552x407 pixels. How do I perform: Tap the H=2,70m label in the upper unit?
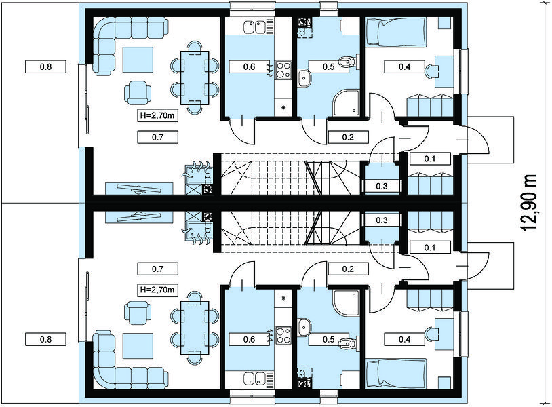click(x=157, y=115)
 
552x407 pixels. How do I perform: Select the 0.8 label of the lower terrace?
click(x=45, y=339)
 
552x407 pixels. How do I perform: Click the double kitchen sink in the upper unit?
click(x=254, y=27)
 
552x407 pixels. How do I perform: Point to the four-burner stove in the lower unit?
click(x=283, y=335)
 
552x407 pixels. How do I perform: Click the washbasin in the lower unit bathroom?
click(x=304, y=328)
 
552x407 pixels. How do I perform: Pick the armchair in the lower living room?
click(x=138, y=312)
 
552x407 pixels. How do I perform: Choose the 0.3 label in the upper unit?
click(x=382, y=187)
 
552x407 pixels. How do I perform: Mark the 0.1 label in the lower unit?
click(x=430, y=248)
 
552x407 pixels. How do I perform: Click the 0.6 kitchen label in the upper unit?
click(x=250, y=66)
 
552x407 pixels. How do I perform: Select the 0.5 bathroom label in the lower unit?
click(x=329, y=339)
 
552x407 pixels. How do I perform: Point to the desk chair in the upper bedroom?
click(x=431, y=71)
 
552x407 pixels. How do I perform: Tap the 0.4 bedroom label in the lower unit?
click(x=404, y=339)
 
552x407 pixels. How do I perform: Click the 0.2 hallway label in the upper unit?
click(x=348, y=137)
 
